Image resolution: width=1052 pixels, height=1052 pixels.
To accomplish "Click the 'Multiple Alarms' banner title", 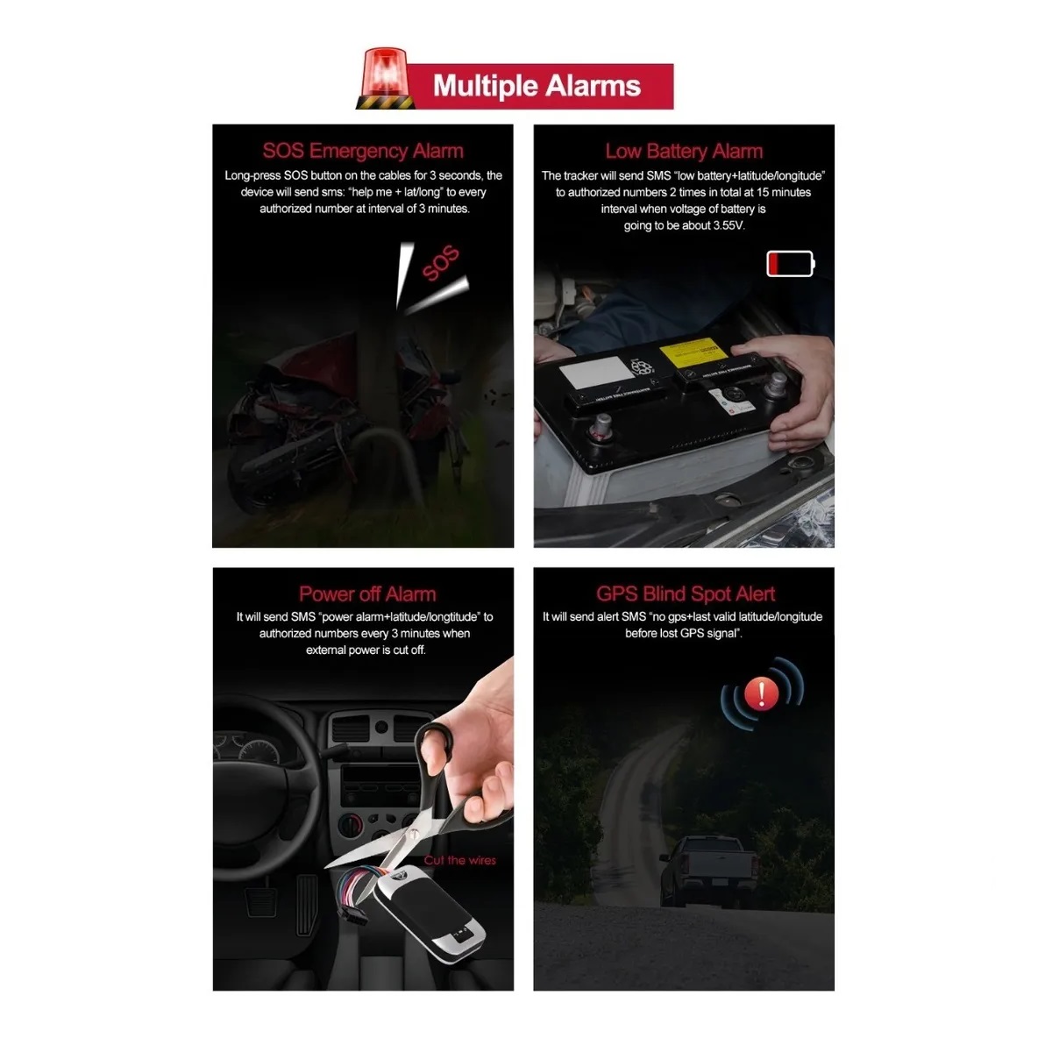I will pyautogui.click(x=537, y=86).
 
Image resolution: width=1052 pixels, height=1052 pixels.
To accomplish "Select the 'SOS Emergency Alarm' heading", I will pyautogui.click(x=363, y=151).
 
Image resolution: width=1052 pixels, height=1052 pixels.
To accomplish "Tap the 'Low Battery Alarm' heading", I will pyautogui.click(x=684, y=151).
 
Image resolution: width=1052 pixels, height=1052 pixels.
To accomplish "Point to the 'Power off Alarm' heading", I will pyautogui.click(x=366, y=594).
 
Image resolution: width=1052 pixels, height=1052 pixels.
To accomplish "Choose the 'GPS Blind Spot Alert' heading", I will pyautogui.click(x=685, y=594).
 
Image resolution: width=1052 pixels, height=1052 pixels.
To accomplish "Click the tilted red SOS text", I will pyautogui.click(x=440, y=264).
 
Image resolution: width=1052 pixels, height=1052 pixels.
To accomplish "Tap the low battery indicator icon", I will pyautogui.click(x=790, y=263).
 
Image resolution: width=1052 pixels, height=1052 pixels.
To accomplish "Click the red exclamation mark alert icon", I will pyautogui.click(x=762, y=694).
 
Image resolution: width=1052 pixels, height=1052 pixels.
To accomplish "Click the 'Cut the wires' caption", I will pyautogui.click(x=459, y=860).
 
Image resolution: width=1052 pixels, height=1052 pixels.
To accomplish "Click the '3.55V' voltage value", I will pyautogui.click(x=727, y=225).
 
